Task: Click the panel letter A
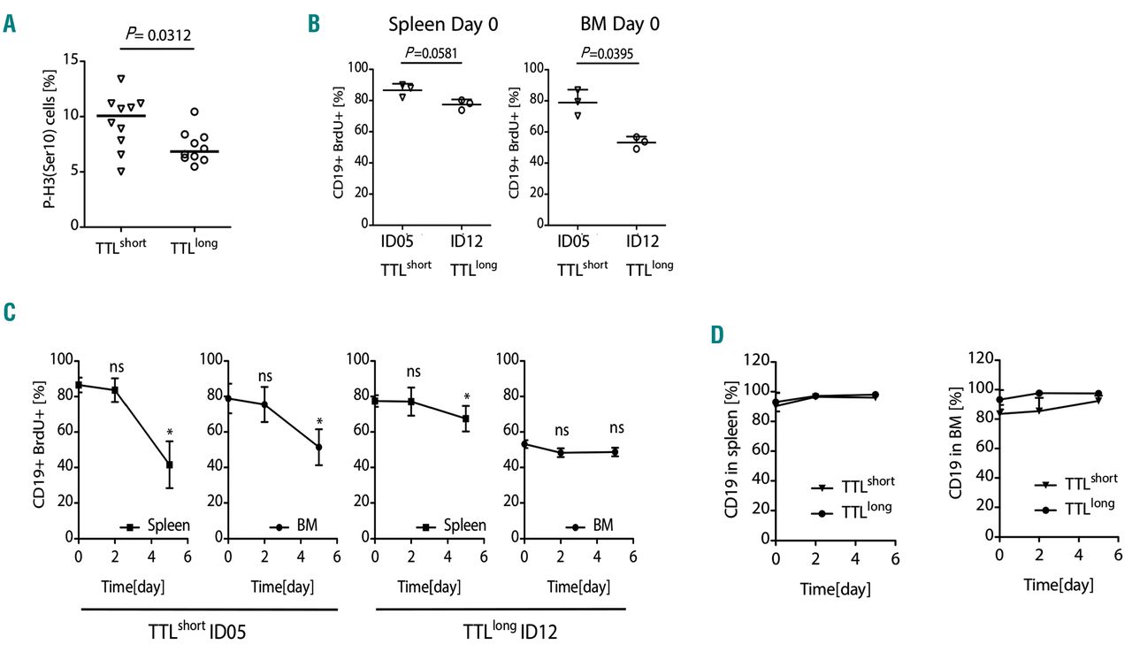[x=10, y=24]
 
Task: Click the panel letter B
[x=313, y=24]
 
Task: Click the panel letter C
[x=10, y=311]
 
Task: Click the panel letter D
[x=718, y=335]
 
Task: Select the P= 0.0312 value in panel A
[x=157, y=35]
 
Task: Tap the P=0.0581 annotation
[x=432, y=54]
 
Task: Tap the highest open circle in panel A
[x=194, y=111]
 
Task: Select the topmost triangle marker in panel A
[x=121, y=79]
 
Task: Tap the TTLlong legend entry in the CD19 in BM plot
[x=1075, y=510]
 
